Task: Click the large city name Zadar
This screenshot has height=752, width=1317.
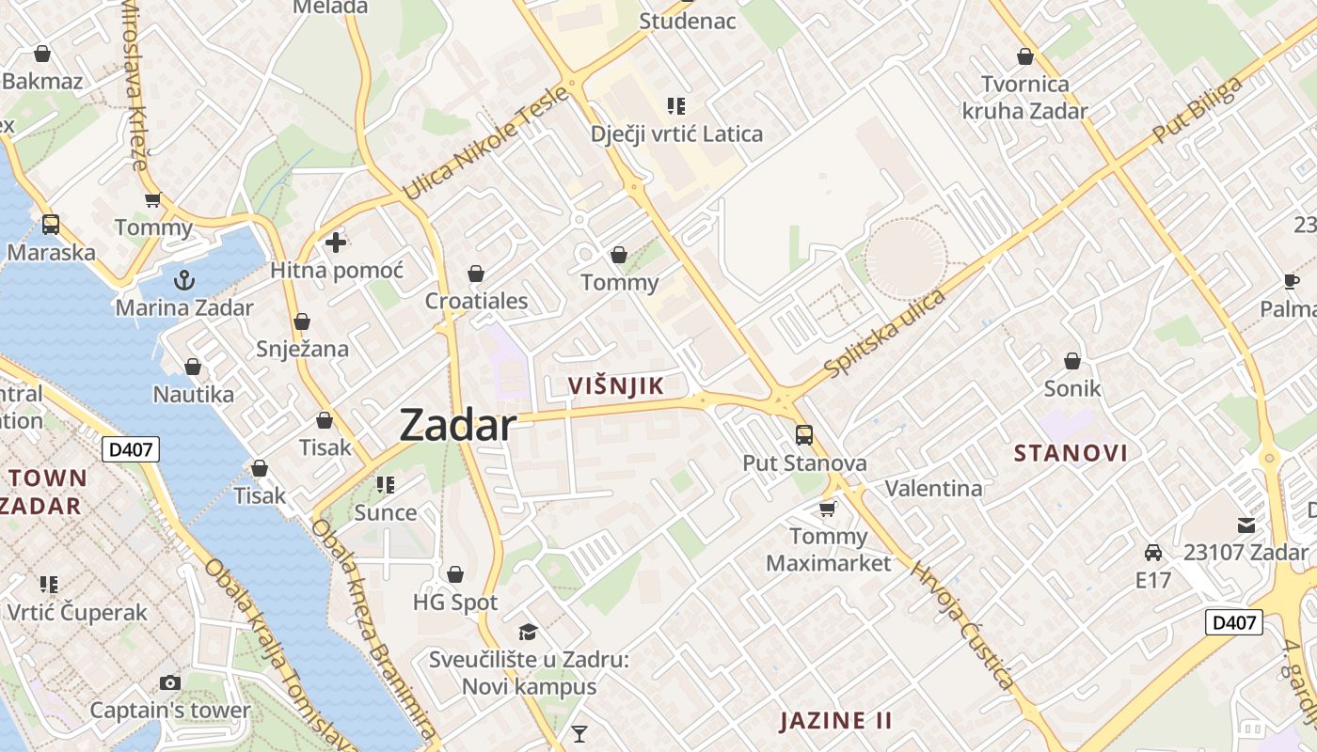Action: point(458,426)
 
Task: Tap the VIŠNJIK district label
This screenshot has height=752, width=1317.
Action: point(616,385)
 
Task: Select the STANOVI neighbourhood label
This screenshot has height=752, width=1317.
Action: point(1071,453)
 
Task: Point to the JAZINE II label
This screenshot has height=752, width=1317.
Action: point(835,721)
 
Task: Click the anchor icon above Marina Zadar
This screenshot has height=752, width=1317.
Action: point(184,279)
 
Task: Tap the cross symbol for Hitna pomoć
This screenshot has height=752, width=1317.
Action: point(336,243)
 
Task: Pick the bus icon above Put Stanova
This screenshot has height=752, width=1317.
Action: point(804,434)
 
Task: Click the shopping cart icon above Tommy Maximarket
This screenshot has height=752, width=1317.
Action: point(827,509)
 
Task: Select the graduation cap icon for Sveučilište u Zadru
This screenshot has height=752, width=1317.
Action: point(528,632)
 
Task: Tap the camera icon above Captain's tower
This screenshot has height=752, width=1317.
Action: point(170,682)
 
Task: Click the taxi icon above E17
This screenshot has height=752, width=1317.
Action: point(1152,552)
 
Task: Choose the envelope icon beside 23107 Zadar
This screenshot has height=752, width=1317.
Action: point(1246,525)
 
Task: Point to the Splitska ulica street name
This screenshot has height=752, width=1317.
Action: point(884,335)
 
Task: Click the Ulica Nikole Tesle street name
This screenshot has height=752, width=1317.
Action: point(485,142)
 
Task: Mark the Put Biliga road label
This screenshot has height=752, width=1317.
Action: point(1197,111)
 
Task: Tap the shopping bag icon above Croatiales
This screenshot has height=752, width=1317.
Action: point(476,274)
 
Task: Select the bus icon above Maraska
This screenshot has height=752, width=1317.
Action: point(51,225)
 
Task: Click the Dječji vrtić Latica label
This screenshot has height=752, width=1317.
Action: point(676,133)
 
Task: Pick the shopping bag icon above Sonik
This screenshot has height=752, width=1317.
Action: point(1071,360)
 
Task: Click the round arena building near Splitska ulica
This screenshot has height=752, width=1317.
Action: point(905,259)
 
